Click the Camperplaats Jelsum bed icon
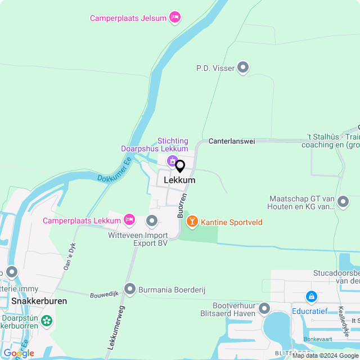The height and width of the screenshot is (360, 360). pos(175,18)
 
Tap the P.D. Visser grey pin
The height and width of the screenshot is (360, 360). pos(243,68)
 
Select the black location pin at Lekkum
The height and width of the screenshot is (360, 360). pos(180,166)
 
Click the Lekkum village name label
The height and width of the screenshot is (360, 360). pos(179,181)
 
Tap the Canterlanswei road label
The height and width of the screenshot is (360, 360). pos(232,141)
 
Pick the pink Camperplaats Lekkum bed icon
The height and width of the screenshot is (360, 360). pos(129,219)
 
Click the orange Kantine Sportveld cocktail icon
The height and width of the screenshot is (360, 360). pos(192,222)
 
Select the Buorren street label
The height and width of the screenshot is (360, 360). pos(182,207)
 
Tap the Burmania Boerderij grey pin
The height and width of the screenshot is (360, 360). pos(130,289)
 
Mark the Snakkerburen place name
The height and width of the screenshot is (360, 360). pos(38,301)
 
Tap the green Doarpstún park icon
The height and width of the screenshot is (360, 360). pos(46,321)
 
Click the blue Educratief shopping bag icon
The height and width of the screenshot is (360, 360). pos(311,296)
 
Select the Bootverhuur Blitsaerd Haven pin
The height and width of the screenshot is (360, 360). pos(264,308)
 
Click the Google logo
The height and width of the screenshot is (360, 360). pos(19,353)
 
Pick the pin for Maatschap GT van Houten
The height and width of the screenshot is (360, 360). pos(343,201)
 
